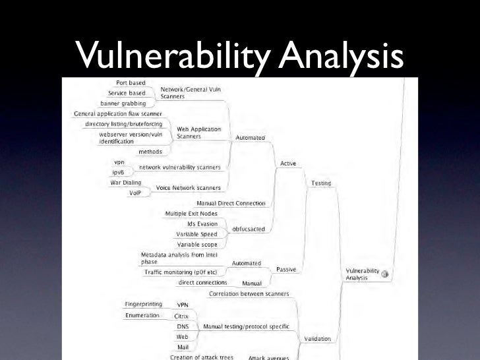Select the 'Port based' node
coord(131,83)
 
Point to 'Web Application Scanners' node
coord(198,133)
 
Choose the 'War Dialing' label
coord(124,183)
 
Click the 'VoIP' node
coord(136,193)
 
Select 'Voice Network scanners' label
coord(188,188)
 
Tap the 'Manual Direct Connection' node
coord(231,203)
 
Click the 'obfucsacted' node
coord(249,229)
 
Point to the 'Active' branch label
coord(289,163)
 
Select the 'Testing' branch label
coord(321,183)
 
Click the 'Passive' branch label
coord(286,269)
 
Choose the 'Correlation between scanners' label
coord(249,293)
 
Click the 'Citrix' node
coord(181,316)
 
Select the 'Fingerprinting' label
coord(143,304)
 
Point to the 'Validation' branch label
coord(317,339)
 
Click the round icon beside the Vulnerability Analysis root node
coord(385,274)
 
